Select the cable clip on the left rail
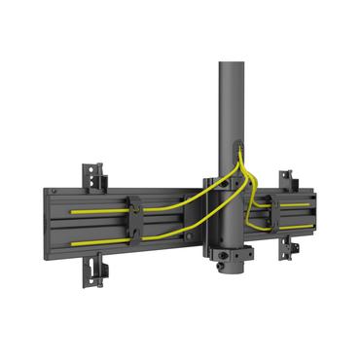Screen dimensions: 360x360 (x=135, y=223)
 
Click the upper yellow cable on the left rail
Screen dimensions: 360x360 (x=97, y=208)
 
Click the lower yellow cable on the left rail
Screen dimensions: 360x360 (x=97, y=239)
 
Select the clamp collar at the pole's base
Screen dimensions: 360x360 (x=231, y=261)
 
